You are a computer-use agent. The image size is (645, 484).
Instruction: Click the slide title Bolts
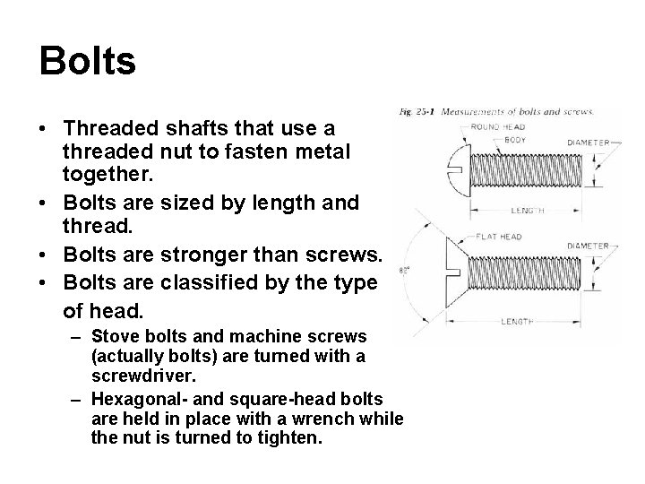pyautogui.click(x=88, y=62)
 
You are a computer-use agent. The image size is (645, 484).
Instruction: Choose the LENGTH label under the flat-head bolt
pyautogui.click(x=518, y=320)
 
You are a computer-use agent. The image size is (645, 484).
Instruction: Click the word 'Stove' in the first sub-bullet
pyautogui.click(x=113, y=337)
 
